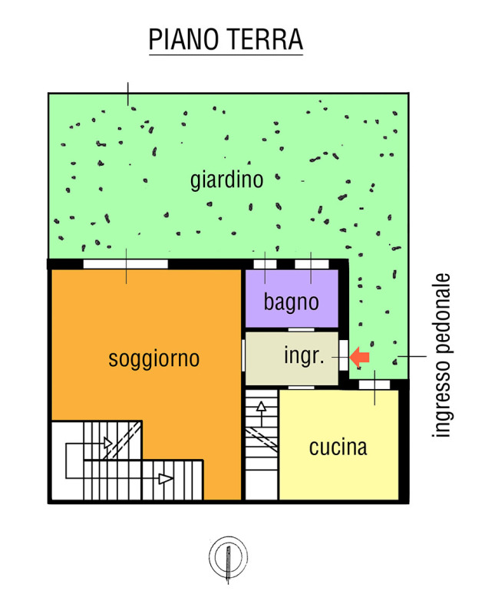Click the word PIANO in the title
[x=183, y=39]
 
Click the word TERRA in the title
[x=265, y=39]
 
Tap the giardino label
[x=226, y=180]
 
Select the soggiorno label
[x=154, y=358]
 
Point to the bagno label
[x=291, y=302]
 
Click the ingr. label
[x=304, y=355]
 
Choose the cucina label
[x=338, y=447]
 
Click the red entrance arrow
[x=359, y=357]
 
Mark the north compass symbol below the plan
[x=228, y=559]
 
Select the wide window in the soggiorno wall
[x=125, y=264]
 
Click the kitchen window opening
[x=375, y=385]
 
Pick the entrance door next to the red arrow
[x=344, y=355]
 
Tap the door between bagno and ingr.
[x=301, y=330]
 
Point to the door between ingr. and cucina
[x=301, y=388]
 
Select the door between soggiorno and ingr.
[x=243, y=355]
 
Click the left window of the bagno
[x=265, y=264]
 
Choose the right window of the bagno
[x=312, y=264]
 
